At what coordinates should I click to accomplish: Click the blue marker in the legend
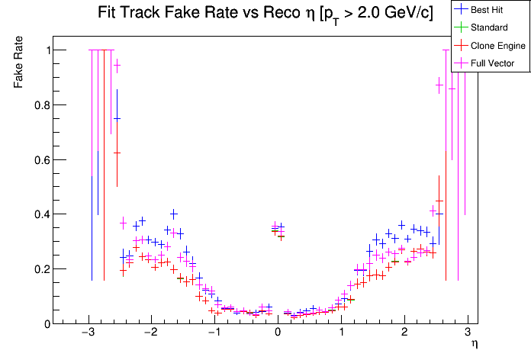(x=460, y=9)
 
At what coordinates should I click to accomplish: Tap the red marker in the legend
(x=460, y=45)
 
